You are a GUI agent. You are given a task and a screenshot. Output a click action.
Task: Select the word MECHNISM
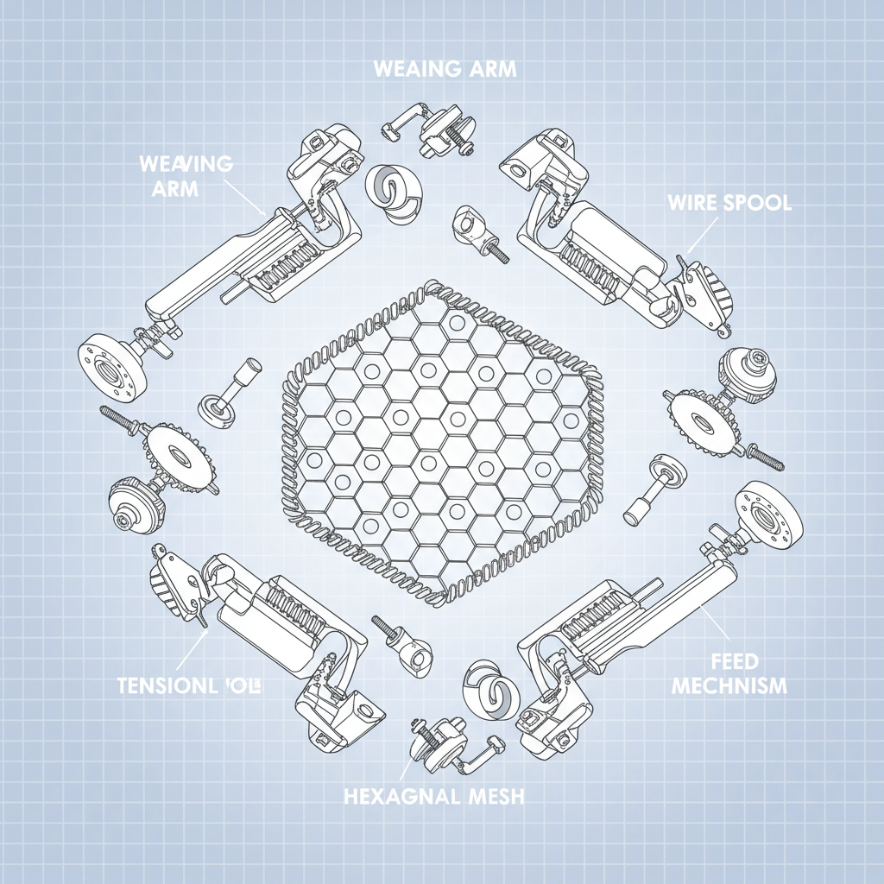729,686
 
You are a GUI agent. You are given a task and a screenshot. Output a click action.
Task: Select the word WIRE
690,204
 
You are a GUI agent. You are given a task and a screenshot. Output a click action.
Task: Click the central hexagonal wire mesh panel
442,440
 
